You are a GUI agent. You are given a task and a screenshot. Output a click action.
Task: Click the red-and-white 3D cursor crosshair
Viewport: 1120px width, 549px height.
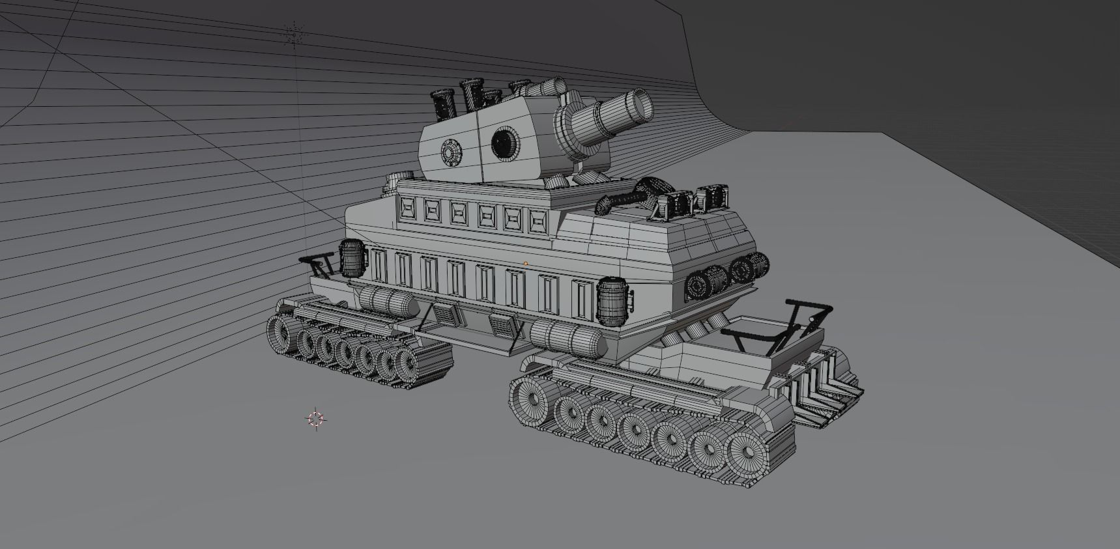click(x=315, y=419)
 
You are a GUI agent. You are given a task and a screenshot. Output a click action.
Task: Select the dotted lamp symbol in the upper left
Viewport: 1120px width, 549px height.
click(x=294, y=34)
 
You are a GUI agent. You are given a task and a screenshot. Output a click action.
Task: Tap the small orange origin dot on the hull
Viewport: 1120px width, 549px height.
click(x=526, y=264)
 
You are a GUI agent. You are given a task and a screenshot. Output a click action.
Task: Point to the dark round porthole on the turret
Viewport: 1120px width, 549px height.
click(x=503, y=143)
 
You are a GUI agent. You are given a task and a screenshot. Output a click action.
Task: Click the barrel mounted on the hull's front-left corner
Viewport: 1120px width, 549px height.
click(x=351, y=258)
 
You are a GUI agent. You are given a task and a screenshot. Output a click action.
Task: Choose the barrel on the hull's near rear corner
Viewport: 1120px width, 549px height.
click(x=612, y=300)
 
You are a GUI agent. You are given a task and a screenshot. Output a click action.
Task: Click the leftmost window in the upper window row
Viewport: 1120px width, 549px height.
click(x=409, y=208)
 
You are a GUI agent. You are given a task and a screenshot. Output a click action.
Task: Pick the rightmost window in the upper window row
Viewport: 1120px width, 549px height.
click(x=538, y=221)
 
